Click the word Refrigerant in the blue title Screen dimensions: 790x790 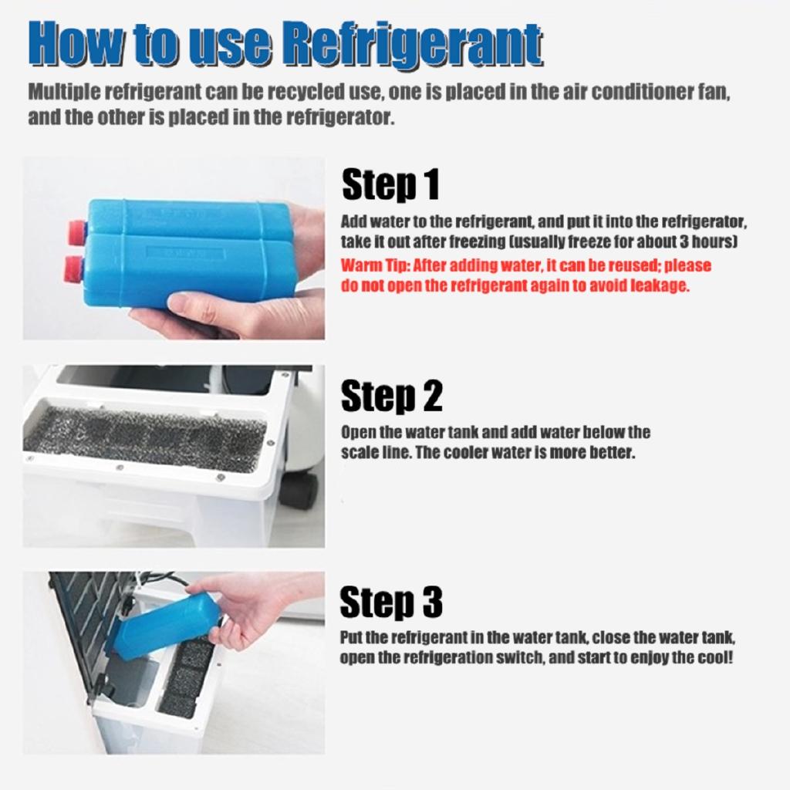(411, 43)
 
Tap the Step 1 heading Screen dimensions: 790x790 (390, 184)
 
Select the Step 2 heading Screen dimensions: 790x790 (391, 396)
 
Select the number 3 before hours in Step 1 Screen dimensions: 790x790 (684, 241)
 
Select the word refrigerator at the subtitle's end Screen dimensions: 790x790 (340, 117)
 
